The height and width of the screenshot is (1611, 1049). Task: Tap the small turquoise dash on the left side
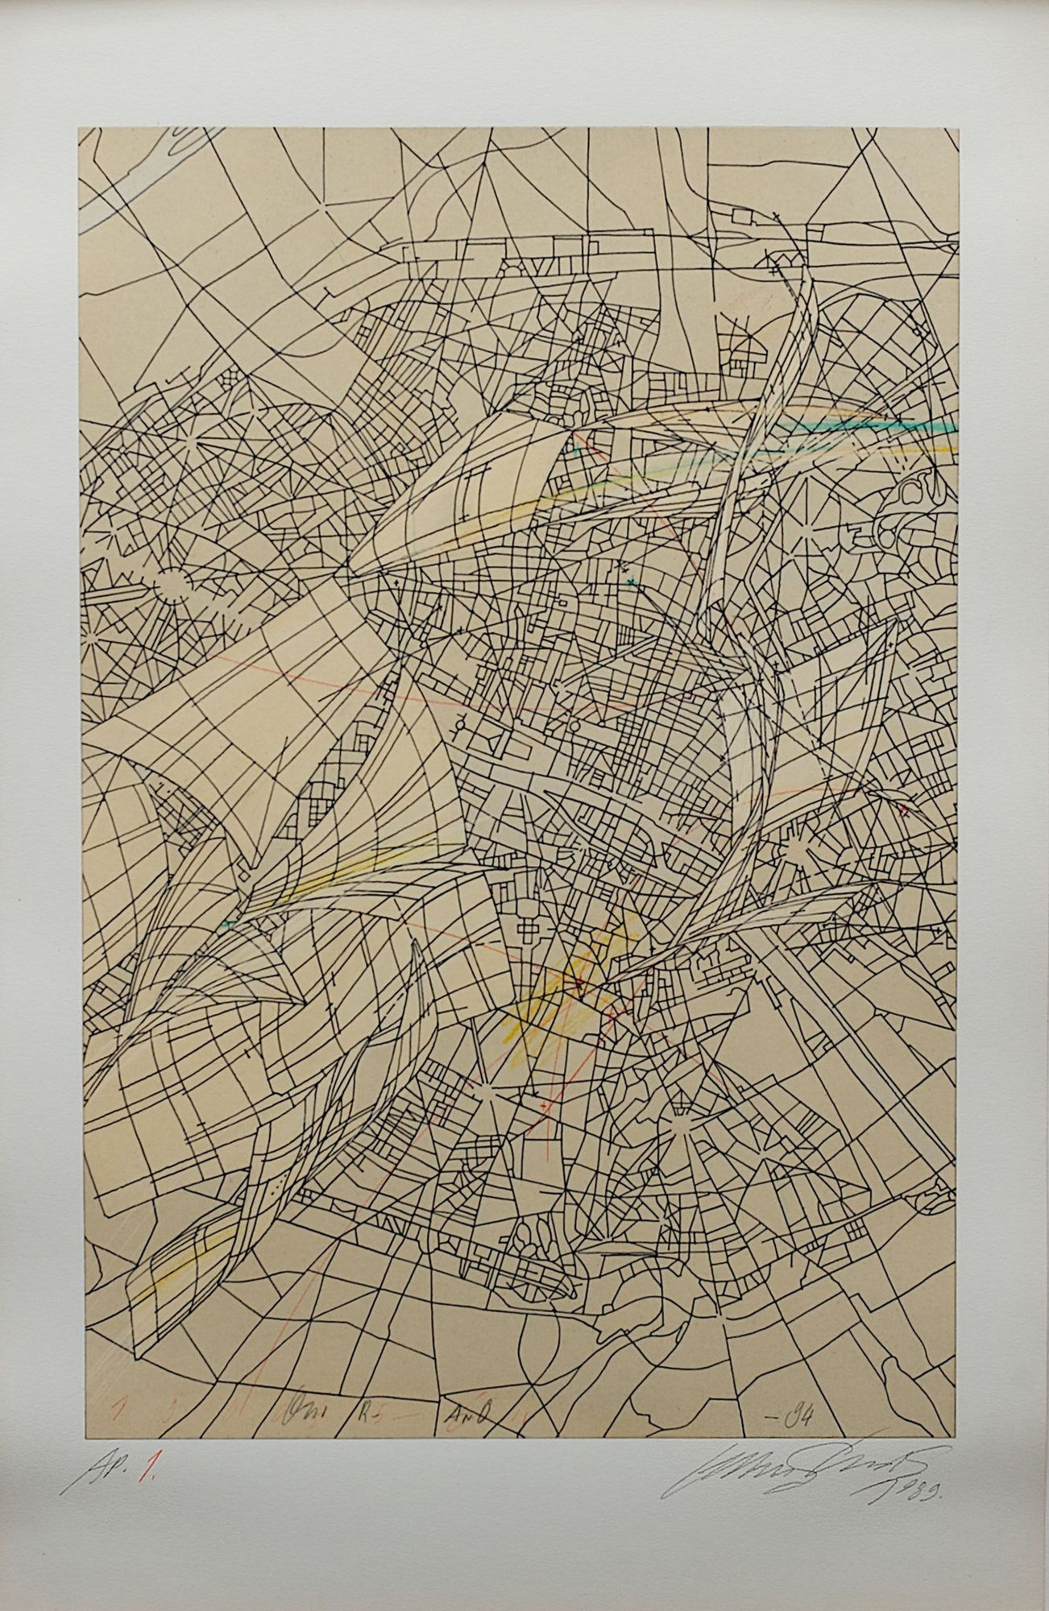click(x=230, y=925)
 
